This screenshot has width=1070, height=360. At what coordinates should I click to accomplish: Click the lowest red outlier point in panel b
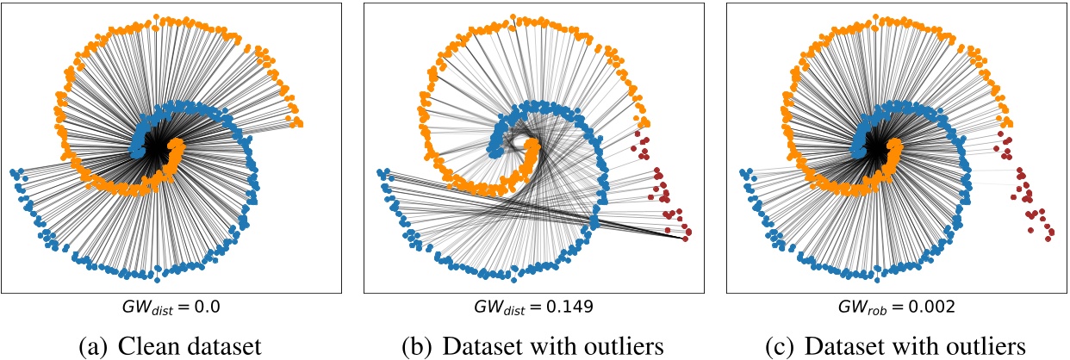click(686, 239)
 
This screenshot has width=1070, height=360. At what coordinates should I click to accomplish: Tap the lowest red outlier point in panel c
click(1050, 239)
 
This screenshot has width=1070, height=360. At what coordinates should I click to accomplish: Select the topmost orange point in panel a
click(155, 16)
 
